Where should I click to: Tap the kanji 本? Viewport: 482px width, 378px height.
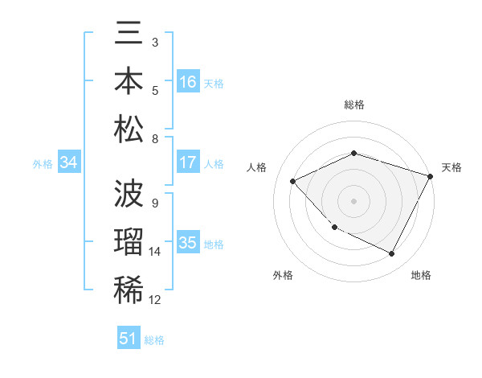tap(129, 83)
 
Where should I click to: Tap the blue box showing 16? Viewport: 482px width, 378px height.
tap(188, 82)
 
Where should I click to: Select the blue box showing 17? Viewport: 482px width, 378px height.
tap(188, 162)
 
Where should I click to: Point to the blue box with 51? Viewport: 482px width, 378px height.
tap(129, 339)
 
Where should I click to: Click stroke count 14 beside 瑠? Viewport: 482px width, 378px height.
tap(155, 252)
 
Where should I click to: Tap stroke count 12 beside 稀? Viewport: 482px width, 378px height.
tap(155, 300)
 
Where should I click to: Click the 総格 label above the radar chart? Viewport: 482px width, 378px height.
tap(354, 105)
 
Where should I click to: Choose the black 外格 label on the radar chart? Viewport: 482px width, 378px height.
tap(283, 276)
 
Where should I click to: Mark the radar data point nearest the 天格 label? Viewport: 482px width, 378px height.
tap(431, 175)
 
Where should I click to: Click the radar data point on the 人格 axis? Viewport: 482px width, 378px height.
tap(293, 182)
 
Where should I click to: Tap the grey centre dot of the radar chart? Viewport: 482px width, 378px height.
tap(354, 201)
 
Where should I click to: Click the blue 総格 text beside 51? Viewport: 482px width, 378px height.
tap(154, 340)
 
